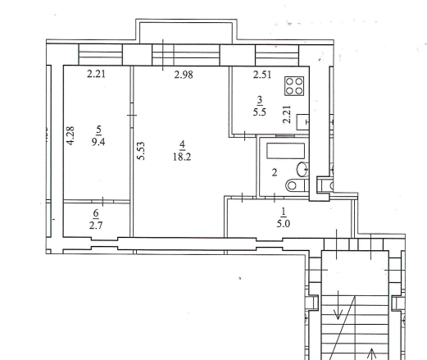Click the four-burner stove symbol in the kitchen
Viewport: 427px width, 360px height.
tap(294, 86)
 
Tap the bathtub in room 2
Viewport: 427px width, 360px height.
tap(285, 151)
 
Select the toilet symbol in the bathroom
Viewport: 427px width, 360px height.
tap(298, 185)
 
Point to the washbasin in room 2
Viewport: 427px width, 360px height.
tap(302, 169)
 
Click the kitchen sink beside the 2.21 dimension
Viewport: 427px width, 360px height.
tap(303, 122)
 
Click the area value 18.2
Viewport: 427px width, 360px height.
tap(182, 157)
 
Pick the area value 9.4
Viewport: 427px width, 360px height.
tap(98, 142)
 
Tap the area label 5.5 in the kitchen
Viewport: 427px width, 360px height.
tap(259, 112)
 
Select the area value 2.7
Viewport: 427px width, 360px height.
tap(96, 226)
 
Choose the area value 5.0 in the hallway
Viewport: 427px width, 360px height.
tap(284, 224)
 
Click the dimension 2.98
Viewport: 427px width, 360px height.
tap(184, 75)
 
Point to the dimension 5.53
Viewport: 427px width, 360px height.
tap(141, 151)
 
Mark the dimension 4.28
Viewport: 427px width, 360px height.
tap(70, 135)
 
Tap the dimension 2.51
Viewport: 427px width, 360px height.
tap(262, 75)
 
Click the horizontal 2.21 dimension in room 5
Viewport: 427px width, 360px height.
tap(96, 74)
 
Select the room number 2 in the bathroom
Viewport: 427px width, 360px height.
tap(275, 172)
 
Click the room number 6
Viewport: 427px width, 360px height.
tap(96, 212)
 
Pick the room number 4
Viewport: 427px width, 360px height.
tap(182, 144)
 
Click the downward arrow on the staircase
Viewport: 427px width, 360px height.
tap(338, 305)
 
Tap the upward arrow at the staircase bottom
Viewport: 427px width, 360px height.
tap(371, 353)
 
